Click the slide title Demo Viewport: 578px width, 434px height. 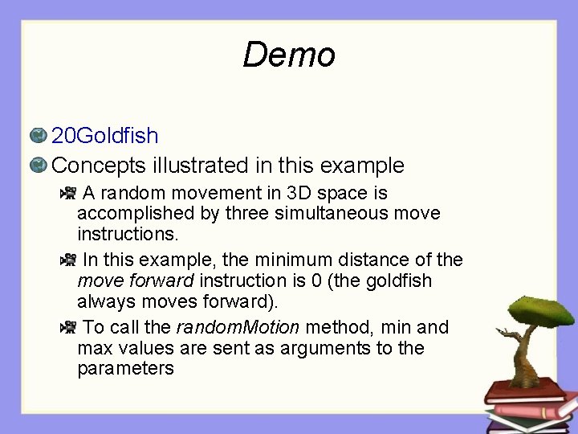coord(288,55)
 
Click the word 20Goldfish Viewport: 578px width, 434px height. coord(105,135)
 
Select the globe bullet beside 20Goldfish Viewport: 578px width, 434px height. coord(37,135)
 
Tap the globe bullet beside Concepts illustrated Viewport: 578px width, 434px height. coord(37,166)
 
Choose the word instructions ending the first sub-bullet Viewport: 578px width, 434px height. coord(128,235)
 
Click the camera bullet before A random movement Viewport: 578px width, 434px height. coord(68,193)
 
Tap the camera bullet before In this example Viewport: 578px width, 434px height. coord(68,260)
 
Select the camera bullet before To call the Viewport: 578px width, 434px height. coord(68,327)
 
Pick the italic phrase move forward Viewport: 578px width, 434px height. coord(135,281)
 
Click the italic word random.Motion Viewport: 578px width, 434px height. coord(238,327)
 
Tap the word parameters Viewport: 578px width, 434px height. coord(125,369)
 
